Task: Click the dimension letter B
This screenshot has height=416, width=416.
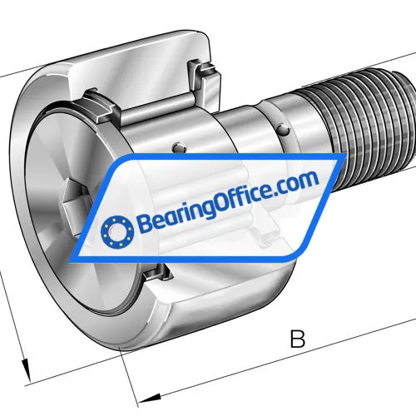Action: [x=297, y=339]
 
